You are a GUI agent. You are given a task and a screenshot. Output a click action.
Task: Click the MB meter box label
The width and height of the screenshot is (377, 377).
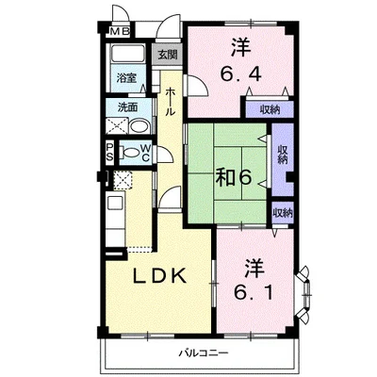[x=120, y=31]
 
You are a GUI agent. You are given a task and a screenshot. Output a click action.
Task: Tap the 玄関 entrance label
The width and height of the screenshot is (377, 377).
[x=168, y=55]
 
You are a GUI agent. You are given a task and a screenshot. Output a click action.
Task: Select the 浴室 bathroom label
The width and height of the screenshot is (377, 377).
[x=126, y=78]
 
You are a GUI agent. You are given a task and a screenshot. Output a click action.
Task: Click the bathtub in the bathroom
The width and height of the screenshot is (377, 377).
[x=128, y=54]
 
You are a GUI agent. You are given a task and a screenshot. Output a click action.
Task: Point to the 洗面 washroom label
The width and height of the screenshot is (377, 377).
[x=127, y=107]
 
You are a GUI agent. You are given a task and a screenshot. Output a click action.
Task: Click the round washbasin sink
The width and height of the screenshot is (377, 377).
[x=139, y=127]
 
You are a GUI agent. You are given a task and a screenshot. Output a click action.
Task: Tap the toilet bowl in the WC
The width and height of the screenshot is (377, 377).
[x=131, y=154]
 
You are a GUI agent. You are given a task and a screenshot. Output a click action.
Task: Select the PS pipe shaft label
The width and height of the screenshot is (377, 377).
[x=109, y=152]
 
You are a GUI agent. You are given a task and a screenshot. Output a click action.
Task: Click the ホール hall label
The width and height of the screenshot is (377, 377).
[x=170, y=103]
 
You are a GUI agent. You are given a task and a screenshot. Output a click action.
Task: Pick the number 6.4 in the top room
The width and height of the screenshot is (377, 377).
[x=241, y=74]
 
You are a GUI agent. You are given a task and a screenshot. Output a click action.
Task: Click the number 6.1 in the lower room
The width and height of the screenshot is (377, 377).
[x=253, y=293]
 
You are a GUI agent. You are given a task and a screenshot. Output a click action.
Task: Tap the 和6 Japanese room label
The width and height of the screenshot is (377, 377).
[x=234, y=178]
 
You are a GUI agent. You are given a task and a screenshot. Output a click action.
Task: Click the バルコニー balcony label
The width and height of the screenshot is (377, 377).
[x=204, y=352]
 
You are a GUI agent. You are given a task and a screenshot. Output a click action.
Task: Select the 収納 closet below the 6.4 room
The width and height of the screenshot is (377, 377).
[x=270, y=109]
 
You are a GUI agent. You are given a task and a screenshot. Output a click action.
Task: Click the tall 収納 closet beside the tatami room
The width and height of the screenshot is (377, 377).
[x=283, y=159]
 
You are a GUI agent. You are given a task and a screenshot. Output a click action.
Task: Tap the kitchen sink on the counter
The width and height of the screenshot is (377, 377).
[x=115, y=203]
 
